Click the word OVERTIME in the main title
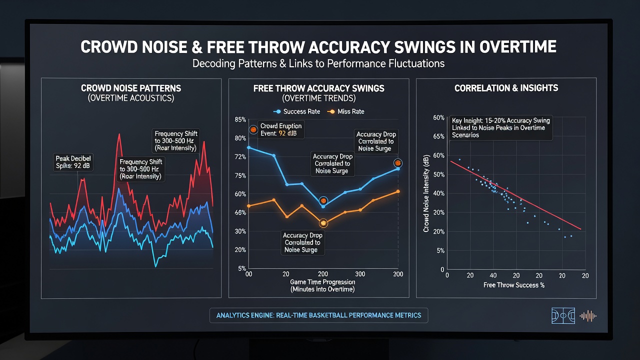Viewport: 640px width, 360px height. (x=517, y=47)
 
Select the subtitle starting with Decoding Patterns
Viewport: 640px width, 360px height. (x=318, y=63)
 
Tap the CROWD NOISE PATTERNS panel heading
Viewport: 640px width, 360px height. (x=131, y=88)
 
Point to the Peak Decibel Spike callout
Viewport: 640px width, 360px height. (x=73, y=162)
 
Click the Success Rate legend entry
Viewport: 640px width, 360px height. (x=297, y=111)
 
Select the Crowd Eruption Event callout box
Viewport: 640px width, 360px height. (x=281, y=129)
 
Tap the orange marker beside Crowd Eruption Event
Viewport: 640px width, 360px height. (x=253, y=129)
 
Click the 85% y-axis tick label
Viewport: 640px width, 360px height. (x=240, y=119)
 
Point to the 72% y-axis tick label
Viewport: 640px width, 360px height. (x=240, y=156)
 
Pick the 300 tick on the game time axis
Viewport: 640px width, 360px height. (x=360, y=274)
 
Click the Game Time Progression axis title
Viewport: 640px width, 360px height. (x=322, y=285)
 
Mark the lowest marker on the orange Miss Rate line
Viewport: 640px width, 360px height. (x=323, y=223)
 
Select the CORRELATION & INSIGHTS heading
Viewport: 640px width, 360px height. (x=506, y=88)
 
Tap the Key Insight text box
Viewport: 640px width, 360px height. (x=501, y=127)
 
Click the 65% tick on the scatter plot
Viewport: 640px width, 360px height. (x=439, y=136)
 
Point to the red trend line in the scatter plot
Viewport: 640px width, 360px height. (x=515, y=195)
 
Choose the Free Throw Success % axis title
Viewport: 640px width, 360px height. (x=514, y=285)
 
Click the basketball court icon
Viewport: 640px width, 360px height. (x=563, y=315)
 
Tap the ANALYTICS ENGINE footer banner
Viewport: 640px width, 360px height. (x=319, y=315)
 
